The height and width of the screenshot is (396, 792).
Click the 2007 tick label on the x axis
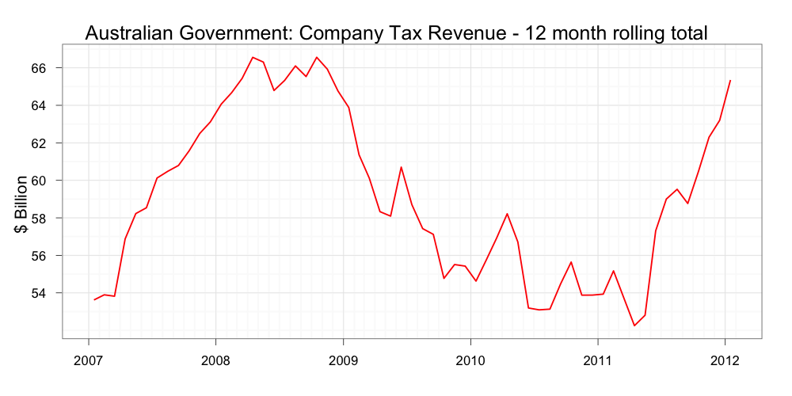(x=88, y=360)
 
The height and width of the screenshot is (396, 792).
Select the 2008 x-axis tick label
(x=215, y=360)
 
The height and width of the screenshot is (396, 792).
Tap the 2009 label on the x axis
(x=343, y=360)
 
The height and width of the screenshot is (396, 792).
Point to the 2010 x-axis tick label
(x=470, y=360)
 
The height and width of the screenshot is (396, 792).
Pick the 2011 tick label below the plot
(x=597, y=360)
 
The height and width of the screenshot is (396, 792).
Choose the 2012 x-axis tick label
(x=725, y=360)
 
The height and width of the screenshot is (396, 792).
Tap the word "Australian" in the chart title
(x=130, y=33)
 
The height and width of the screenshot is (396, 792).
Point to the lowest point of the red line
(x=634, y=326)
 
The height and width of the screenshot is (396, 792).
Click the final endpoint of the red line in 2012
(x=730, y=80)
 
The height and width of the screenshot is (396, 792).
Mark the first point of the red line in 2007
(x=94, y=300)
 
